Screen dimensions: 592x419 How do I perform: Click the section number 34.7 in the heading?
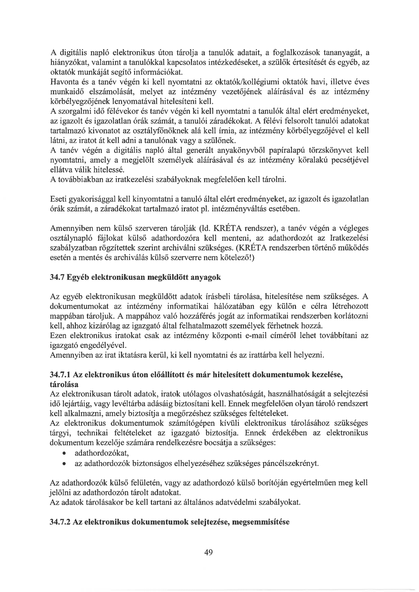point(57,277)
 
